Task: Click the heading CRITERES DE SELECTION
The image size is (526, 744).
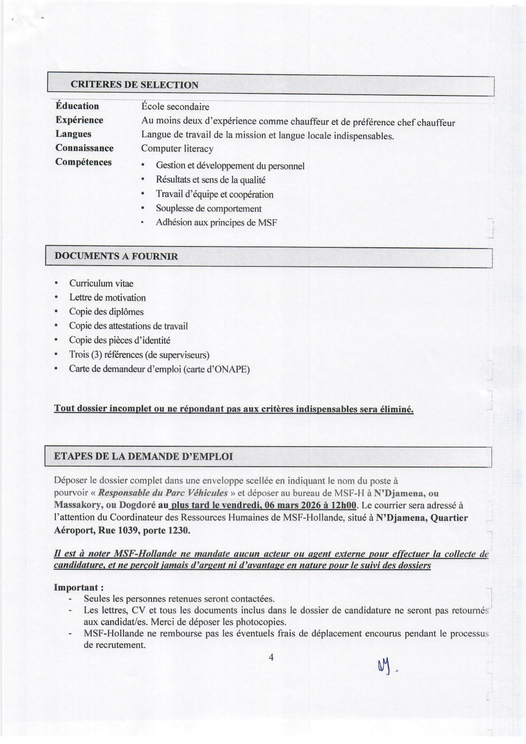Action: [134, 85]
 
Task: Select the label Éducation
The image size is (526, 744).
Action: [77, 106]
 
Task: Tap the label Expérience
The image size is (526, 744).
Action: [79, 120]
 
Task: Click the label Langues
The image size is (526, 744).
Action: [73, 134]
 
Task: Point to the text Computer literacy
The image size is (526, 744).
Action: [177, 149]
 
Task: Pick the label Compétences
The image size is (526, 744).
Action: [83, 162]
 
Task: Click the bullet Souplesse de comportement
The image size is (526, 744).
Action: [208, 208]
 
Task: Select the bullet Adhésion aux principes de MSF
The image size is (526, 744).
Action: [216, 223]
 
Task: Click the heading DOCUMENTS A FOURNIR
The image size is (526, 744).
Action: [116, 256]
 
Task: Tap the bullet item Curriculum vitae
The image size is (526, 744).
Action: [101, 283]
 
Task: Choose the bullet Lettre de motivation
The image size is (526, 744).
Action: [107, 298]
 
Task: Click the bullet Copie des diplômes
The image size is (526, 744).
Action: [106, 312]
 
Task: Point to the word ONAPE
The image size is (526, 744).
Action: [235, 369]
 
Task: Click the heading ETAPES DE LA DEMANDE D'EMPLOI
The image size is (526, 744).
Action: [143, 456]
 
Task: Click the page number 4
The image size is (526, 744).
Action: [271, 657]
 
